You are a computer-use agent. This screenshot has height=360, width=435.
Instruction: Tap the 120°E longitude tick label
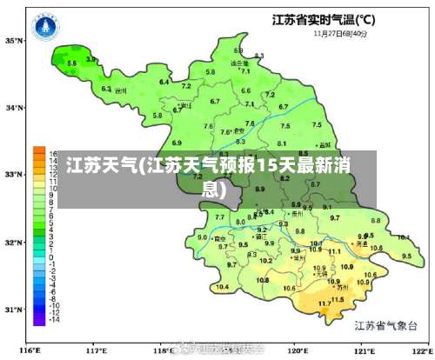click(298, 350)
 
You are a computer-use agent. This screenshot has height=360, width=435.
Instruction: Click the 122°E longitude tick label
click(419, 350)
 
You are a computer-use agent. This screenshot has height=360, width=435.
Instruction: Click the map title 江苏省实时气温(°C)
click(324, 20)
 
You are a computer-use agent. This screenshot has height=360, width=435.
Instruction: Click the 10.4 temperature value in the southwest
click(223, 286)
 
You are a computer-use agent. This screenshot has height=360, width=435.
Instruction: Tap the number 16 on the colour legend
click(53, 154)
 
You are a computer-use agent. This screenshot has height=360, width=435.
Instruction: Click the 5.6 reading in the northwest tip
click(72, 63)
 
